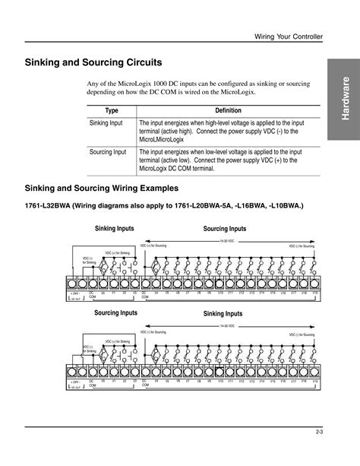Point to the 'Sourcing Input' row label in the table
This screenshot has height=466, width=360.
pos(109,152)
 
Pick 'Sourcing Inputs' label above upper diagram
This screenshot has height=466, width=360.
pos(225,229)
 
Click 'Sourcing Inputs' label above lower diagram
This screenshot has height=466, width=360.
pos(115,312)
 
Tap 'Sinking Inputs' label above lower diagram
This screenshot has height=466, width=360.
pos(223,313)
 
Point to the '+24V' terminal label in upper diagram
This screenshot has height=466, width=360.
pos(74,293)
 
